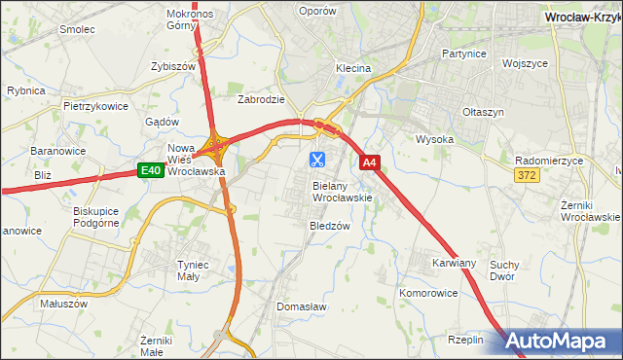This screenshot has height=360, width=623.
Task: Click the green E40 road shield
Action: click(149, 171)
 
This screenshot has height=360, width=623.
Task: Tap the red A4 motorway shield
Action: click(370, 163)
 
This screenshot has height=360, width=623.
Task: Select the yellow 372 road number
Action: click(527, 173)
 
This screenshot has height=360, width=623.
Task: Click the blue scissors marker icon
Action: click(317, 158)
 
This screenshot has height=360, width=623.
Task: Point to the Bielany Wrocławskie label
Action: click(342, 191)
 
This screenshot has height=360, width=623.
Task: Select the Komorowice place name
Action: click(428, 292)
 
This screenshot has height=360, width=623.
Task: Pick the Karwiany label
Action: click(454, 263)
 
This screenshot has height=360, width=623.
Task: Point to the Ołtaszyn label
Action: click(484, 112)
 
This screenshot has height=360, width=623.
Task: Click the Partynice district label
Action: click(463, 54)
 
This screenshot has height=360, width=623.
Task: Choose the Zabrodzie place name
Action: click(261, 99)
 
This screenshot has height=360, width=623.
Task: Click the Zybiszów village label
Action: click(174, 66)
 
